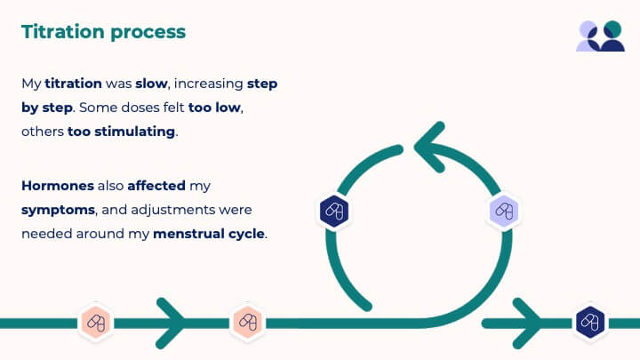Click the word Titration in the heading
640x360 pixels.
[62, 32]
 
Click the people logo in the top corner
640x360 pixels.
[601, 36]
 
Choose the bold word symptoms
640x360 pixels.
[58, 211]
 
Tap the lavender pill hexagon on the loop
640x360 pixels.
[504, 211]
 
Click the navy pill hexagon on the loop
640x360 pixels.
[334, 211]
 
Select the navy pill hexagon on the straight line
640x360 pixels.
[588, 322]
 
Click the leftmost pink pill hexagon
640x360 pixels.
[96, 322]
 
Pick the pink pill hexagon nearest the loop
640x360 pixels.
[247, 322]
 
